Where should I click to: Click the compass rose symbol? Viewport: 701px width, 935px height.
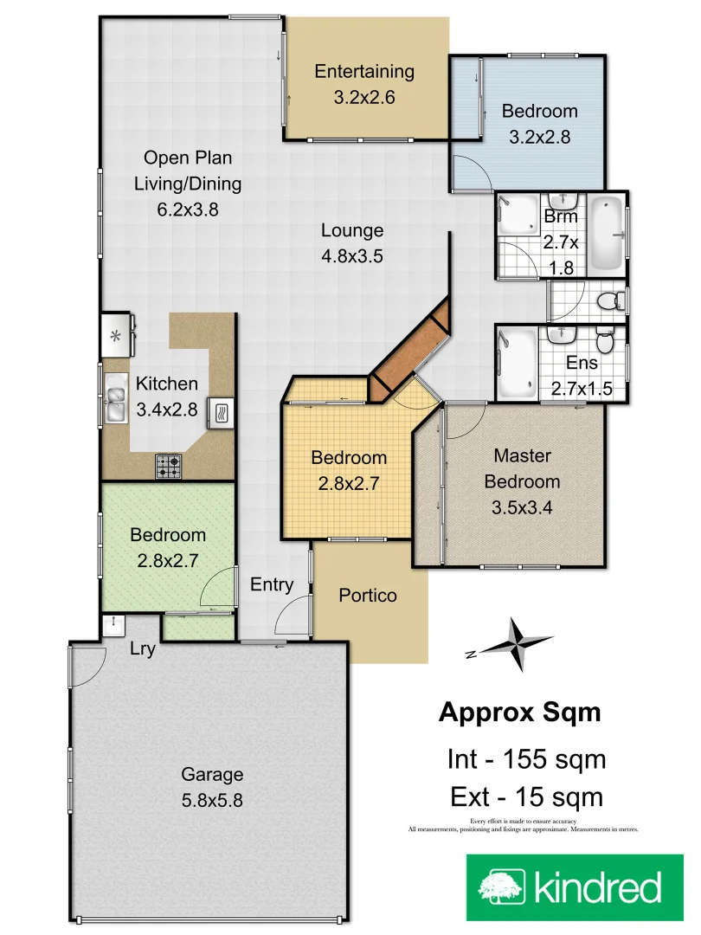pos(517,644)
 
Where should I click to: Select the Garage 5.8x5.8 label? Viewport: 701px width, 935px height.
pos(212,787)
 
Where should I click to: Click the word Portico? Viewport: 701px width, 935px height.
pos(368,596)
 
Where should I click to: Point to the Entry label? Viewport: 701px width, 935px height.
pos(272,585)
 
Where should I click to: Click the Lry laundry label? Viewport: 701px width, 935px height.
pos(142,649)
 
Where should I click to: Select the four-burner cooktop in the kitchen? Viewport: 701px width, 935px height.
pos(169,467)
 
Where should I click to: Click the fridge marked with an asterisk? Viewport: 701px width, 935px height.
pos(115,334)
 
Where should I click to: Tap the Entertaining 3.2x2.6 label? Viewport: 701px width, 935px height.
pos(364,84)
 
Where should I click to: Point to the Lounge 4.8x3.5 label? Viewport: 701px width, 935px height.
pos(352,243)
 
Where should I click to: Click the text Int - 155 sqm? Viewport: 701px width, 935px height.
pos(525,759)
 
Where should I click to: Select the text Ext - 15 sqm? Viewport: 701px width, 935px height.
pos(526,796)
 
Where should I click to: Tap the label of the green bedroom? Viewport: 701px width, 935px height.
pos(168,547)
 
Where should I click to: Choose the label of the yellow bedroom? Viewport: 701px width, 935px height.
pos(349,470)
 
